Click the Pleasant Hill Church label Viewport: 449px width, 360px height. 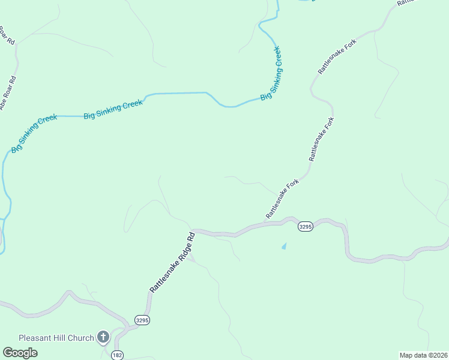point(56,338)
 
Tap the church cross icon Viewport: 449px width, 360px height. point(103,337)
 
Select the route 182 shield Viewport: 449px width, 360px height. point(117,355)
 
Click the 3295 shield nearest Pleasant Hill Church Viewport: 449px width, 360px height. point(142,320)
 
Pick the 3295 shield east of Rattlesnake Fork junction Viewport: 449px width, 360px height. point(306,226)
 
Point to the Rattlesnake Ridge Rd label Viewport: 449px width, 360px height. point(173,262)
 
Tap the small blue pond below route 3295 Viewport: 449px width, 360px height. point(284,245)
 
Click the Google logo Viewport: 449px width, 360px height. point(20,353)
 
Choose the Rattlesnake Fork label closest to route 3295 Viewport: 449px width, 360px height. point(282,201)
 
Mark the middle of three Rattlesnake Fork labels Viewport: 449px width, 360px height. point(322,139)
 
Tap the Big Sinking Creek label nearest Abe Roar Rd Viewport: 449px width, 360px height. point(34,133)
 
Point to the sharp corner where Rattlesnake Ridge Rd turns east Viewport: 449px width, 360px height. point(193,231)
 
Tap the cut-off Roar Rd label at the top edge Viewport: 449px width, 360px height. point(7,34)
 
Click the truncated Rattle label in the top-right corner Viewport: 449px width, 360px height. point(406,2)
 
